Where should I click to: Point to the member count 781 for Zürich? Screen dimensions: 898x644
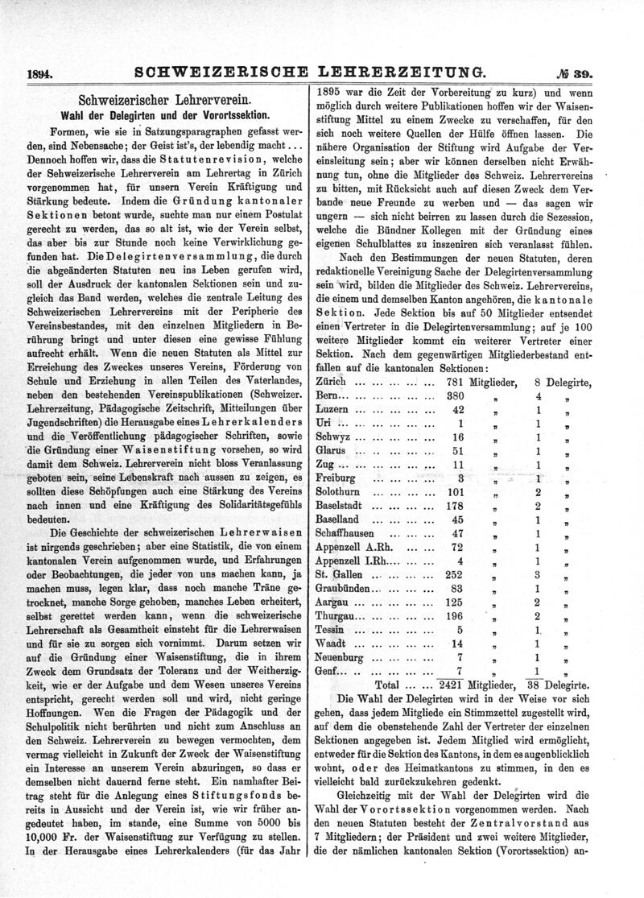pos(456,380)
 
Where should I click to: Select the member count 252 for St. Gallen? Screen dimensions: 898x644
pos(456,574)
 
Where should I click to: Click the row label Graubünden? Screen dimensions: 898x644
pos(342,589)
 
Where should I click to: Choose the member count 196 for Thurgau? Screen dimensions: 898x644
pos(456,616)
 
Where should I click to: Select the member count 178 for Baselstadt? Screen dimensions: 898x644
pos(456,505)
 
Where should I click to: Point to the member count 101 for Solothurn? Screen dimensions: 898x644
pos(456,491)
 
